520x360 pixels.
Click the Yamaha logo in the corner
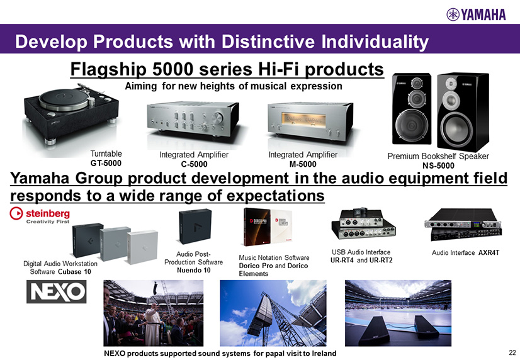pyautogui.click(x=476, y=14)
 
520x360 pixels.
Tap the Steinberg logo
pyautogui.click(x=40, y=215)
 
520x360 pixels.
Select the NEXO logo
pyautogui.click(x=57, y=291)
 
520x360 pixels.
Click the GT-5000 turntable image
pyautogui.click(x=71, y=115)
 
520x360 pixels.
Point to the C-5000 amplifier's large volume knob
pyautogui.click(x=218, y=118)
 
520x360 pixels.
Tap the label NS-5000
pyautogui.click(x=438, y=166)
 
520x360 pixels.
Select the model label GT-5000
pyautogui.click(x=106, y=163)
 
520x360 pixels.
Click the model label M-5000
pyautogui.click(x=303, y=164)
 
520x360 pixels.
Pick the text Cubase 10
pyautogui.click(x=74, y=272)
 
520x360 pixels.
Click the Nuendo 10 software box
pyautogui.click(x=195, y=227)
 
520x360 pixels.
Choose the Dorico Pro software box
pyautogui.click(x=257, y=227)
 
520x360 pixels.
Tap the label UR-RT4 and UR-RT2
pyautogui.click(x=361, y=260)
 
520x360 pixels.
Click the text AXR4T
pyautogui.click(x=489, y=253)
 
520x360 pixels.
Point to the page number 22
pyautogui.click(x=512, y=352)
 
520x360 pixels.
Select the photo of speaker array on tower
pyautogui.click(x=273, y=313)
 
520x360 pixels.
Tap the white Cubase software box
pyautogui.click(x=142, y=247)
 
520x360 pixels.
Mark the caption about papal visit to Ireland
pyautogui.click(x=220, y=353)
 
